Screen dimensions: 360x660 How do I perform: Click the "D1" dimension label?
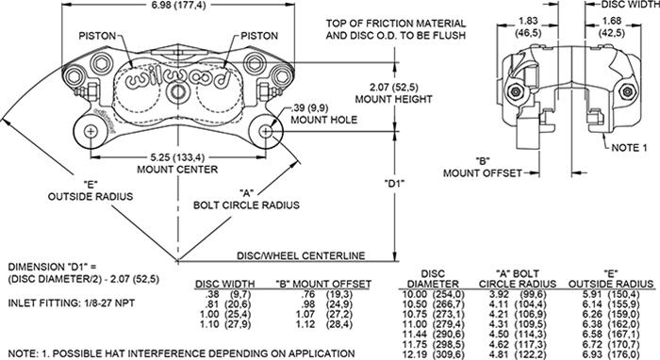[397, 184]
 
